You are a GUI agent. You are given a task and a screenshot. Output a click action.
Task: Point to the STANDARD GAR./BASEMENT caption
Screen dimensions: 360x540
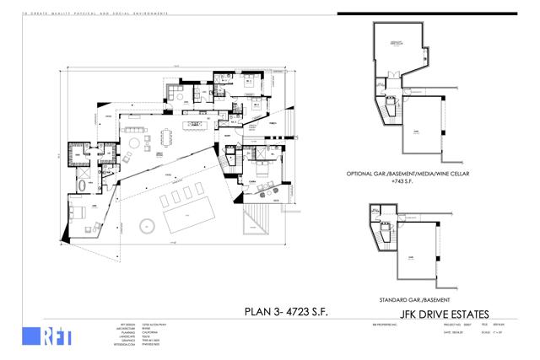405,299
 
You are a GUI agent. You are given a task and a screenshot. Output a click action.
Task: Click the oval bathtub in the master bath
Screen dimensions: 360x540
81,185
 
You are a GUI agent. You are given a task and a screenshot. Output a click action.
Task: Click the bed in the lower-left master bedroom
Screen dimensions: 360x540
74,212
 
